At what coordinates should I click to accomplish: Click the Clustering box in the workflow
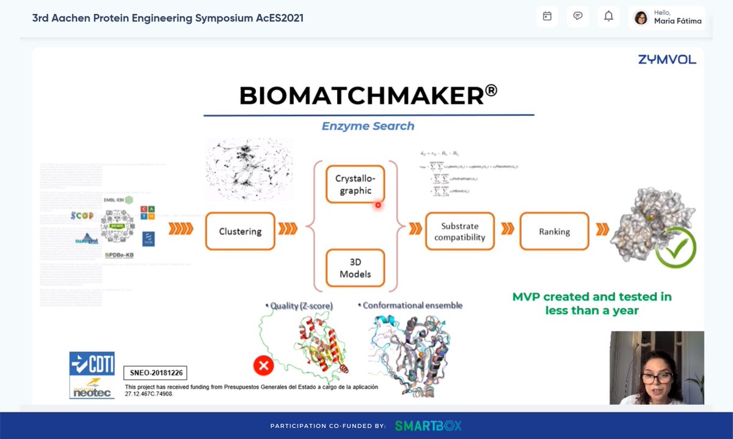pos(240,231)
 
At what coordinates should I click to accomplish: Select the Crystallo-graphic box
pos(354,184)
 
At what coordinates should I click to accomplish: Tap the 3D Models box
pos(355,268)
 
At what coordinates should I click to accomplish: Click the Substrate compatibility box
pos(459,231)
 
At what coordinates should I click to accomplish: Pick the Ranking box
pos(554,231)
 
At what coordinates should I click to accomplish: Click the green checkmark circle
pos(676,247)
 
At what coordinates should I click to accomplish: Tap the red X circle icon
pos(263,366)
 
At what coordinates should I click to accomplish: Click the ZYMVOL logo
pos(667,59)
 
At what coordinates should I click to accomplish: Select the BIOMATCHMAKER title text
pos(368,96)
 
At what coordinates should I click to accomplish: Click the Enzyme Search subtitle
pos(368,126)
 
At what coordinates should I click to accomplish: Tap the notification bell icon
pos(608,16)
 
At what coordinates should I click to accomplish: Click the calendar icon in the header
pos(547,16)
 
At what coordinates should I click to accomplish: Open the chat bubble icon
pos(577,16)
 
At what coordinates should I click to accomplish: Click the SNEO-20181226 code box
pos(155,372)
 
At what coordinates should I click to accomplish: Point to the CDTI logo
pos(92,363)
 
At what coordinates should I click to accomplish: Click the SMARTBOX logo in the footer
pos(428,426)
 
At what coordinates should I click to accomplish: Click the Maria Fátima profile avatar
pos(641,18)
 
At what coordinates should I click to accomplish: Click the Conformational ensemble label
pos(412,305)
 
